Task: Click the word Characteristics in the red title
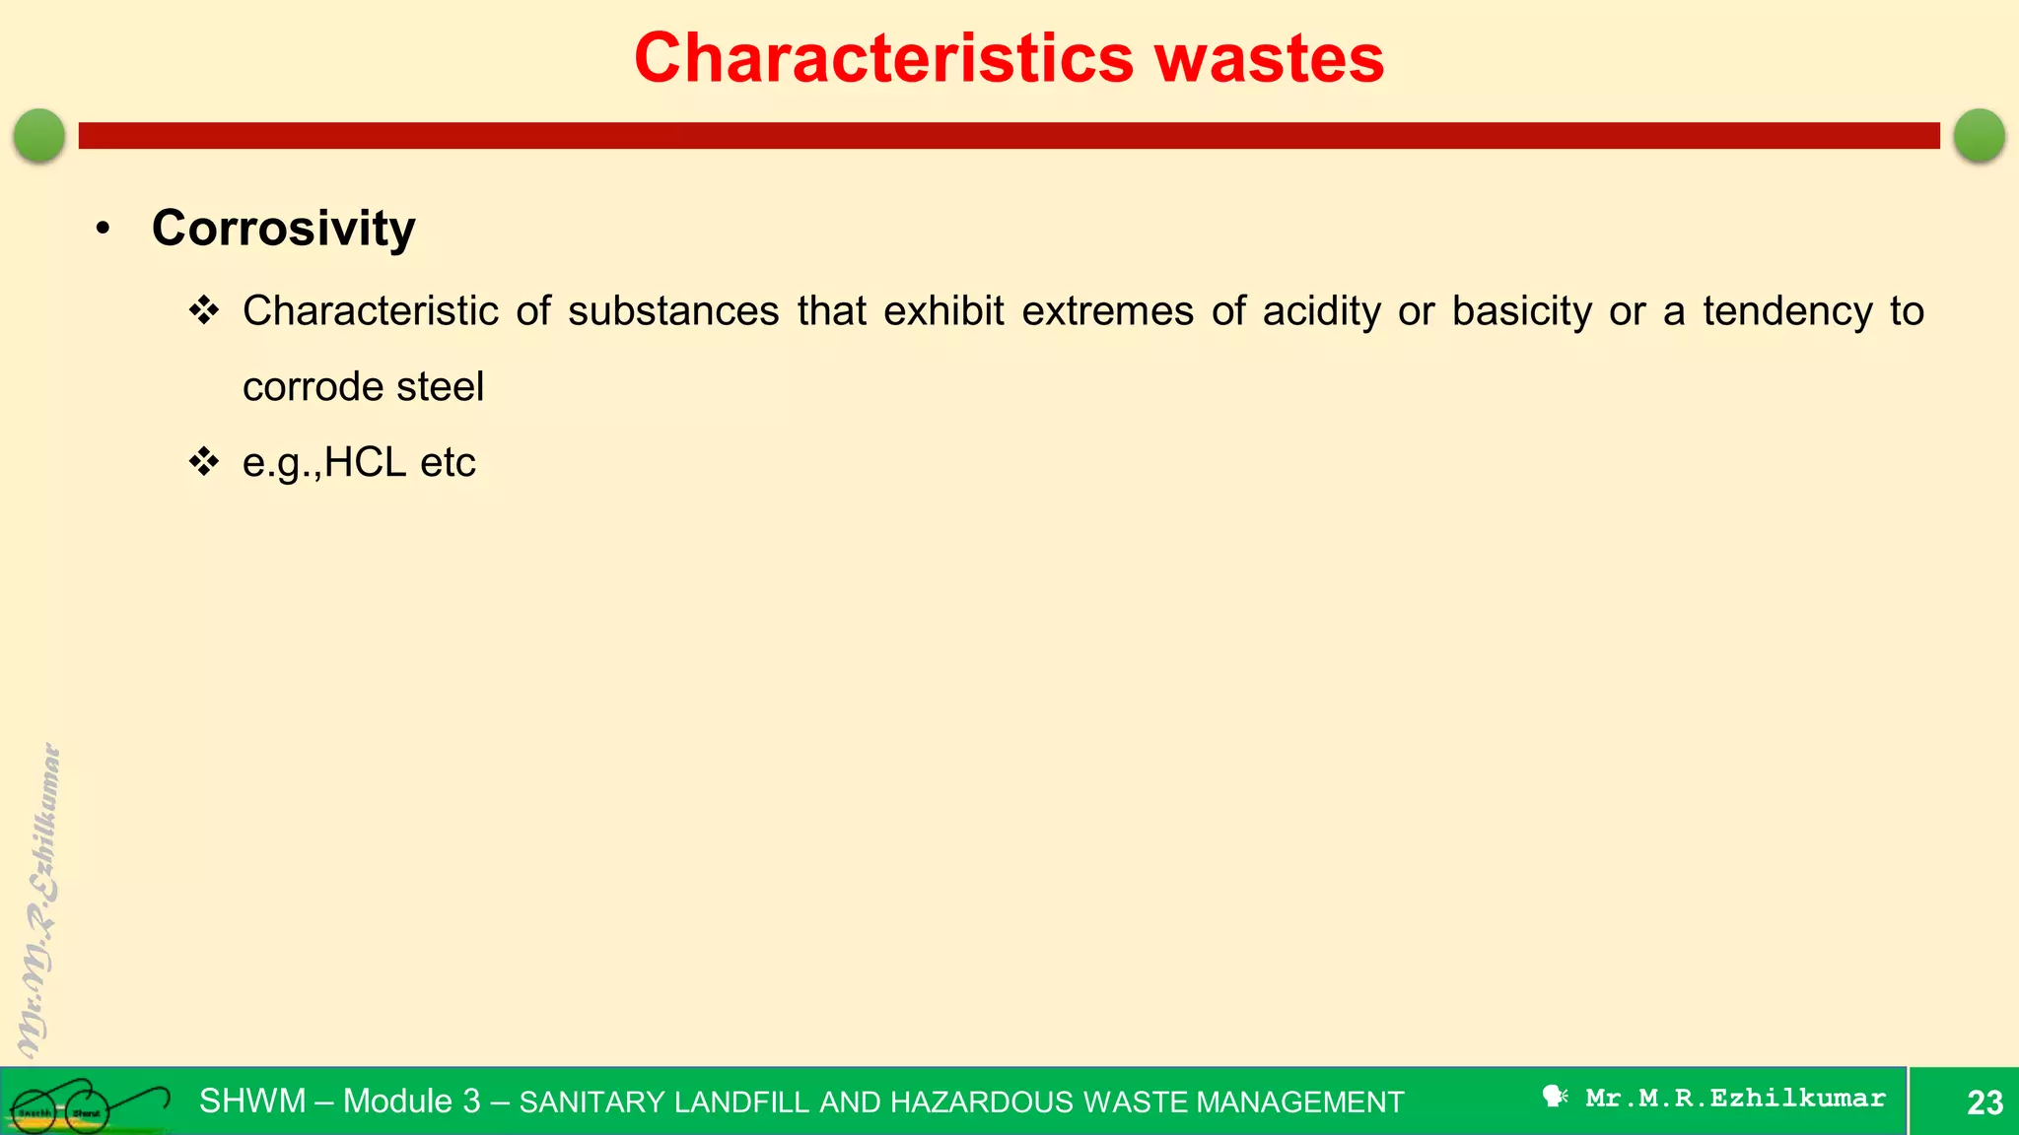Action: (883, 58)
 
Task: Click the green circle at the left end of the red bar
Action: (39, 135)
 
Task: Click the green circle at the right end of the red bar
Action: (1979, 135)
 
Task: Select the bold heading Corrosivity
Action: (284, 229)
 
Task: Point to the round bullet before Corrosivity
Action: (104, 229)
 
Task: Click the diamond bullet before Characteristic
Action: (204, 310)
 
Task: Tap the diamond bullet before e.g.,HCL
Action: (204, 461)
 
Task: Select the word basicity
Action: (1521, 311)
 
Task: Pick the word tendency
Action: (1786, 311)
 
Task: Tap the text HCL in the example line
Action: (365, 462)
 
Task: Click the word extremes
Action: (1107, 311)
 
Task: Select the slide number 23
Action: (1984, 1102)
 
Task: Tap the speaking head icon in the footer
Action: (1555, 1097)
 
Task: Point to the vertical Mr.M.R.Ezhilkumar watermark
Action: (39, 901)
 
